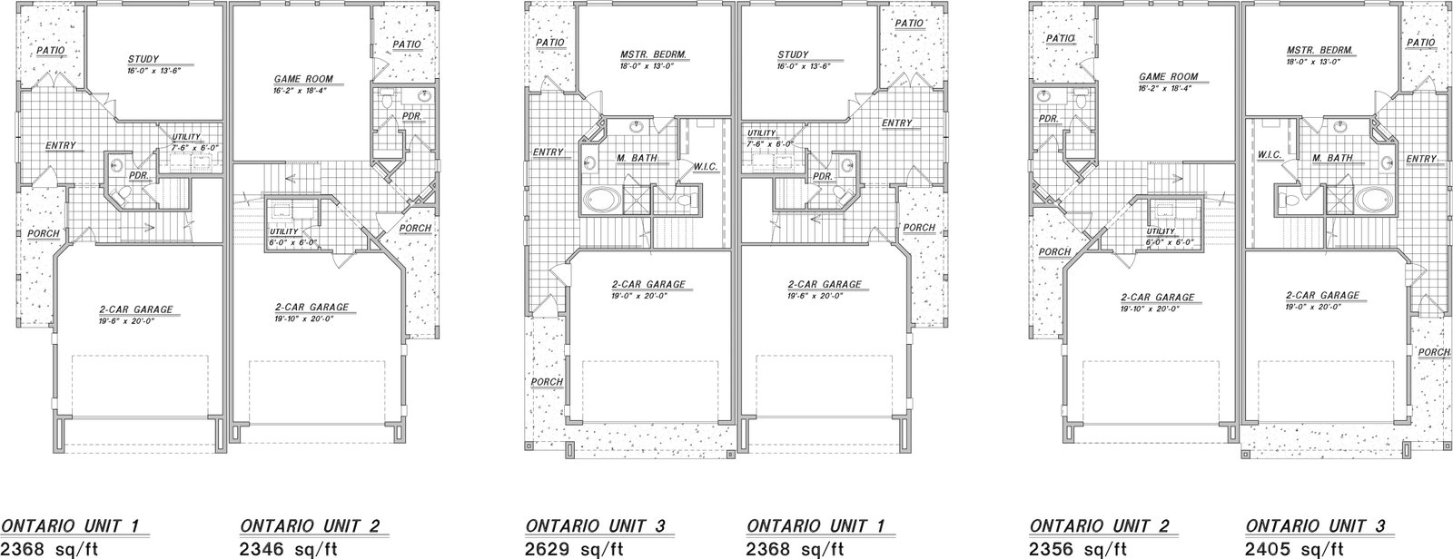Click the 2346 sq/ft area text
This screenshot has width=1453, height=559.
(289, 550)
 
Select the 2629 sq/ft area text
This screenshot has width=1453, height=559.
(574, 550)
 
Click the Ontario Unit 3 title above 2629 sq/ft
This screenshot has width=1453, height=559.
(596, 526)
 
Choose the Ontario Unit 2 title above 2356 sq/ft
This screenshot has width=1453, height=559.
(1100, 526)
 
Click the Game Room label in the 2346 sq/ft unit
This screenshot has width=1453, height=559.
(303, 79)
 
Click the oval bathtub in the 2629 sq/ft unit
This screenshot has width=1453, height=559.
(601, 201)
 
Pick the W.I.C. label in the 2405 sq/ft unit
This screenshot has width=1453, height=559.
(1270, 155)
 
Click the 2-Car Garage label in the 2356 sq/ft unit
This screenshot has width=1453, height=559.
(1157, 298)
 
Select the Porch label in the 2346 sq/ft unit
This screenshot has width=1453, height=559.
(415, 229)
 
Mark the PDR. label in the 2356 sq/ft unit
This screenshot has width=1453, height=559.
(1048, 119)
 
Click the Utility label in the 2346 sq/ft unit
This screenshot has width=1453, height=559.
(283, 231)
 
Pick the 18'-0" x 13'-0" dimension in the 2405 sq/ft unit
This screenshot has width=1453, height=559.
(1313, 62)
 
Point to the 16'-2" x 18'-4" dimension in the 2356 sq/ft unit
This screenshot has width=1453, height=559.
(1166, 88)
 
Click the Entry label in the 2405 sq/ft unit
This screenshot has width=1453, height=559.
(1421, 159)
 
